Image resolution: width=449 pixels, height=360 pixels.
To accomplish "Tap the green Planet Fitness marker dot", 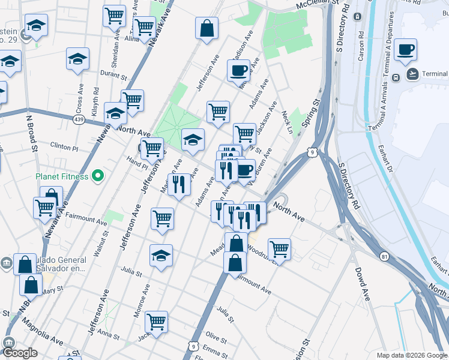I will pyautogui.click(x=99, y=176).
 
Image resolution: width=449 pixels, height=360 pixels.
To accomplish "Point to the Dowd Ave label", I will pyautogui.click(x=361, y=284).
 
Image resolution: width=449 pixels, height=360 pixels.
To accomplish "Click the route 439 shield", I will pyautogui.click(x=79, y=121).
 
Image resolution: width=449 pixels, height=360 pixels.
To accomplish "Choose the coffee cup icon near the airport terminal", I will pyautogui.click(x=406, y=50).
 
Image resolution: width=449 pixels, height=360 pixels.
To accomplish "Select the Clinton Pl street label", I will pyautogui.click(x=64, y=146).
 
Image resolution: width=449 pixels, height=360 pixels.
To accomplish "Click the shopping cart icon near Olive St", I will pyautogui.click(x=156, y=321).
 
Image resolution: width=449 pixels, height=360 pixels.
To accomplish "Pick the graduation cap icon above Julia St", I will pyautogui.click(x=161, y=254).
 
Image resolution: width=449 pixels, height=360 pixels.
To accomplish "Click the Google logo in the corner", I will pyautogui.click(x=20, y=353).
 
